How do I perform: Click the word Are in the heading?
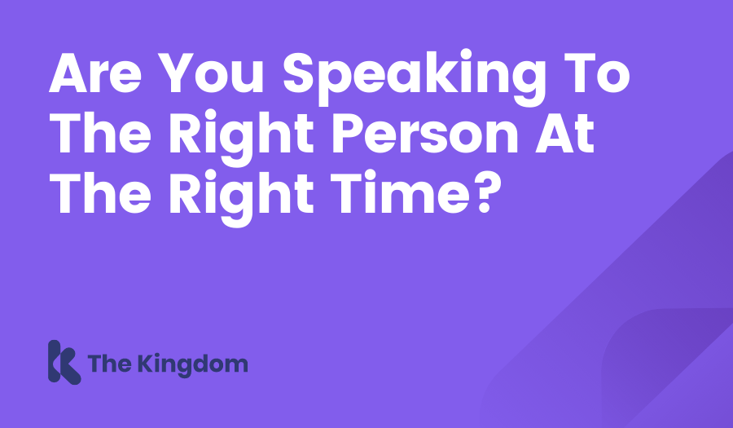pyautogui.click(x=95, y=73)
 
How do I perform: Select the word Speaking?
pyautogui.click(x=415, y=78)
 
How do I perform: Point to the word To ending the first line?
pyautogui.click(x=597, y=73)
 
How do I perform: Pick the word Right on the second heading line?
pyautogui.click(x=241, y=138)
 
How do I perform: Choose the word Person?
pyautogui.click(x=425, y=134)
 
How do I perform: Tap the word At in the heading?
pyautogui.click(x=565, y=134)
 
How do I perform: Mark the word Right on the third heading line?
pyautogui.click(x=241, y=198)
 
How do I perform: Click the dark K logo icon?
pyautogui.click(x=64, y=362)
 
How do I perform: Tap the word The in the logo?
pyautogui.click(x=109, y=364)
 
